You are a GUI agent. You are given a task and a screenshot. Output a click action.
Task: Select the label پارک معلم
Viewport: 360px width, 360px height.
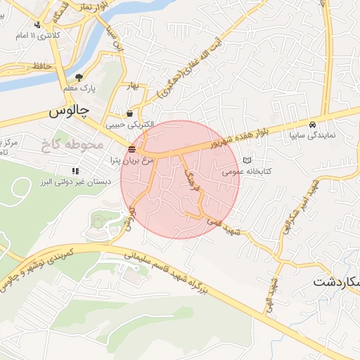pos(78,89)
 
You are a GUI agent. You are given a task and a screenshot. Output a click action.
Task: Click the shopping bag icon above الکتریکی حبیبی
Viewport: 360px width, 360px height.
pos(129,113)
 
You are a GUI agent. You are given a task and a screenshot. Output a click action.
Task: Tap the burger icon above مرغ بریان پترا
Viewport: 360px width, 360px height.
pos(132,148)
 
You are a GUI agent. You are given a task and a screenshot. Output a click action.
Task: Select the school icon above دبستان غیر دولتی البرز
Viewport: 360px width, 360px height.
pos(75,171)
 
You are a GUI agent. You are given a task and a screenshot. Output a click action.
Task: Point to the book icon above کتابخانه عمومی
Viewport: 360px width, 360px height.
pos(246,160)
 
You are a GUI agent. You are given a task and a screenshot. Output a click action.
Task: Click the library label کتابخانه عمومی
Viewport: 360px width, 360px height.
pos(247,171)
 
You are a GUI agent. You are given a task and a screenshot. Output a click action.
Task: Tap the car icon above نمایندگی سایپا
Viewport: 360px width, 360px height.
pos(312,124)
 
